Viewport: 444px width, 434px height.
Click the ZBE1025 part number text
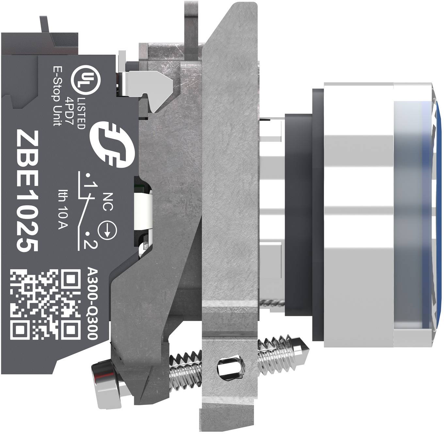pos(28,191)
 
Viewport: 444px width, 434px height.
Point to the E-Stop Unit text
pos(57,96)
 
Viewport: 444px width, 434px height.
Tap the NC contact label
pos(108,202)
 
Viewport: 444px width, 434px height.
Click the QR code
pos(46,304)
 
